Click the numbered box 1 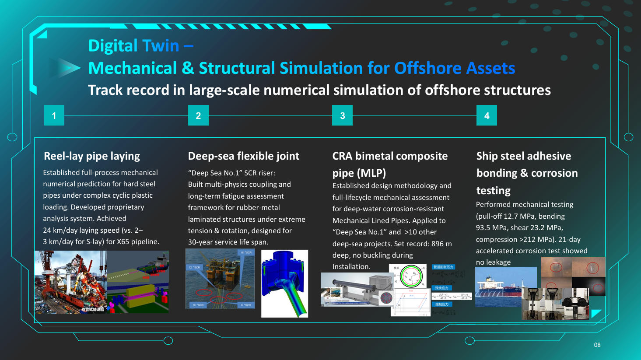[54, 115]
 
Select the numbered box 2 [198, 115]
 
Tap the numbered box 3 [342, 115]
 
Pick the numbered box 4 [487, 115]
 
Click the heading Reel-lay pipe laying [92, 156]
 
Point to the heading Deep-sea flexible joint [243, 156]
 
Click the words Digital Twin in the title [133, 45]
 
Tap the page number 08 [597, 345]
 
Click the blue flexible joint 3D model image [284, 283]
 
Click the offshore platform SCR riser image [220, 279]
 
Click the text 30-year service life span [228, 242]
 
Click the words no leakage [493, 262]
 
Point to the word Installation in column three [351, 266]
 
